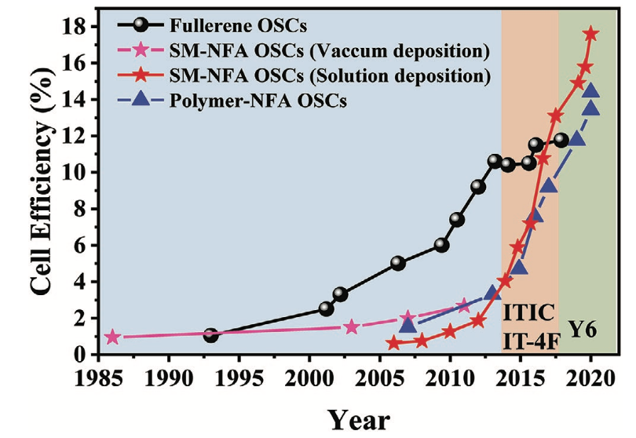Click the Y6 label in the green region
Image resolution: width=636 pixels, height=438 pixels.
583,329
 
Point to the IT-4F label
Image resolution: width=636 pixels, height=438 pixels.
530,341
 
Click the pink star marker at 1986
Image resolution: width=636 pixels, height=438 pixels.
113,337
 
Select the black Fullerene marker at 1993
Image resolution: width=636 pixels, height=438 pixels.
210,335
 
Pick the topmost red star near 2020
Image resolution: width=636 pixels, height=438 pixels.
591,34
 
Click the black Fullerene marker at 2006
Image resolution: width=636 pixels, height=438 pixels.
398,263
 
